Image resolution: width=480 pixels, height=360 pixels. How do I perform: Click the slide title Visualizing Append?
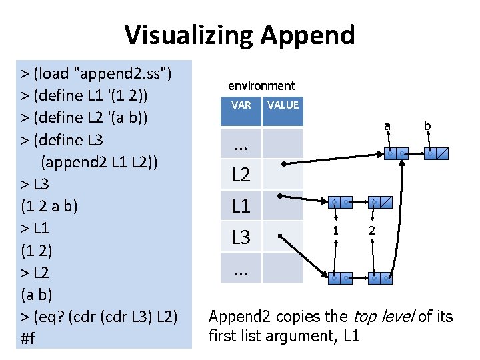click(x=240, y=34)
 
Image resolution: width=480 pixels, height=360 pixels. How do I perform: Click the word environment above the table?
click(x=261, y=85)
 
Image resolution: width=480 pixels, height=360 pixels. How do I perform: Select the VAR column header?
click(x=241, y=105)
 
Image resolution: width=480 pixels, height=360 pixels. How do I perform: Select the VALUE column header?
click(x=283, y=105)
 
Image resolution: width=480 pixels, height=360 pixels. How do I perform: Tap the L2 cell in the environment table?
click(x=241, y=175)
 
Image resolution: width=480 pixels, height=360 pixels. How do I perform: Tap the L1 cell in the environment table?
click(x=241, y=206)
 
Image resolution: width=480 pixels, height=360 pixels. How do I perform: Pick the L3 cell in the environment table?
click(x=241, y=237)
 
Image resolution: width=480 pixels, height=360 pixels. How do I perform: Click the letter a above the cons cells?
click(x=387, y=125)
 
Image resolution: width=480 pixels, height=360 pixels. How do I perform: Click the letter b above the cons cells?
click(x=427, y=125)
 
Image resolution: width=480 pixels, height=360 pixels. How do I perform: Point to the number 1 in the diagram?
click(x=337, y=231)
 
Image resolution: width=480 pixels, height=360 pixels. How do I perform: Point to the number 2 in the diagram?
click(x=373, y=231)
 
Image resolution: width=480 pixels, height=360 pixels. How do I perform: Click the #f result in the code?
click(x=28, y=338)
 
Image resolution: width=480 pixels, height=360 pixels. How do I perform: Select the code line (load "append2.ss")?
click(x=97, y=73)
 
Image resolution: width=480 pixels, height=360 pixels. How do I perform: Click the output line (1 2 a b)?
click(x=49, y=205)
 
